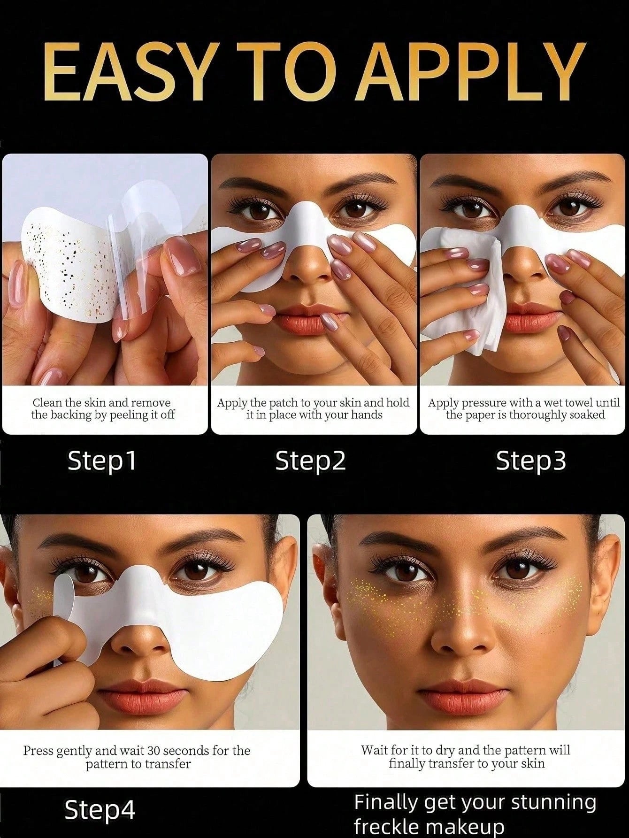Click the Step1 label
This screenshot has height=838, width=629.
pyautogui.click(x=101, y=461)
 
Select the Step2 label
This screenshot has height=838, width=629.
pyautogui.click(x=310, y=461)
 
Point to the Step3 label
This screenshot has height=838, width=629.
pyautogui.click(x=531, y=461)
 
